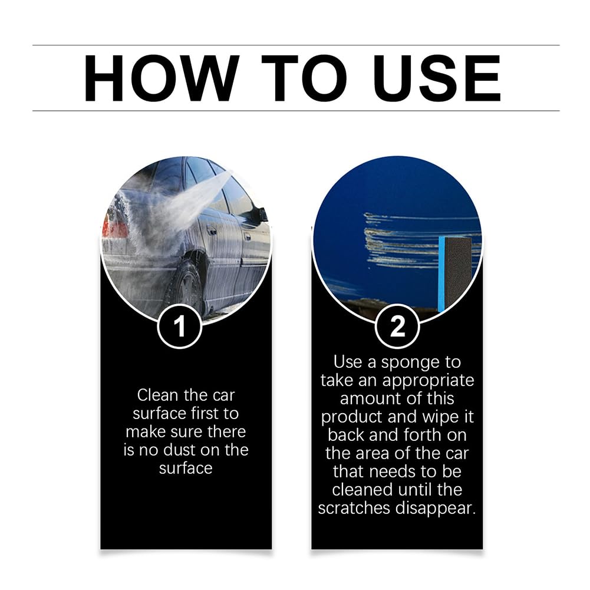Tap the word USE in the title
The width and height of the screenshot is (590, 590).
[437, 78]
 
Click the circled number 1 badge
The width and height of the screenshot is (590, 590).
[180, 326]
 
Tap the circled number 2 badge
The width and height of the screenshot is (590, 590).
[397, 326]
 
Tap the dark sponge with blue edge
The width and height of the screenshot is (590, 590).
[454, 274]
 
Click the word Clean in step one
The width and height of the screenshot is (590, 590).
[158, 395]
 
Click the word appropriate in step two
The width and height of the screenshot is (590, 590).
[428, 381]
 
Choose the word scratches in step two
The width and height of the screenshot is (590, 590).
[354, 509]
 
